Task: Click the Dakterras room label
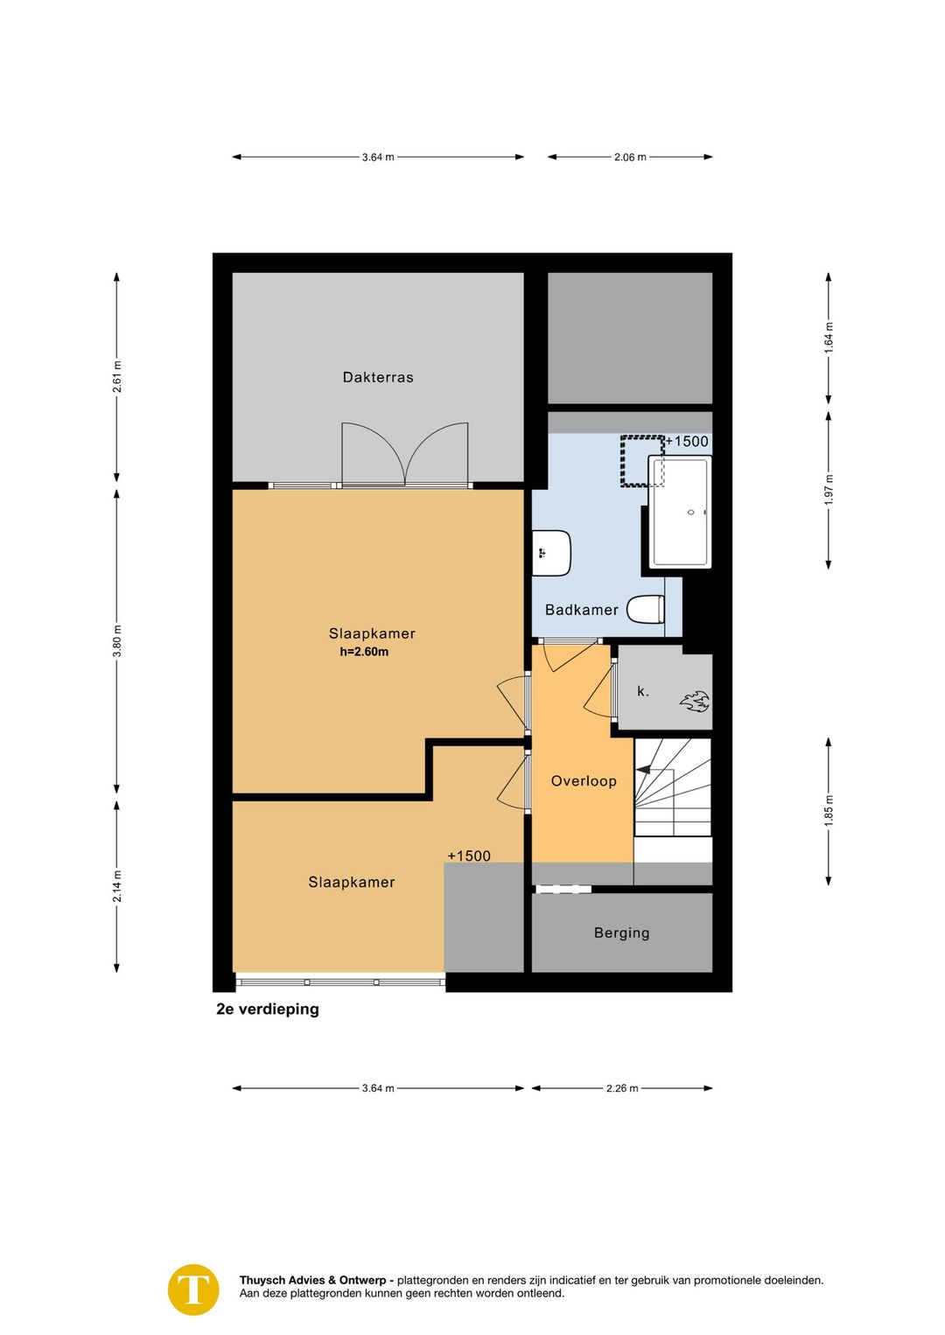[x=377, y=377]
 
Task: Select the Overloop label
[x=583, y=780]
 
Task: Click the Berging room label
[x=621, y=933]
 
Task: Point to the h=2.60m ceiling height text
[x=364, y=652]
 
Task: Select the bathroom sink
[x=551, y=553]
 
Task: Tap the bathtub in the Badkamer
[x=680, y=512]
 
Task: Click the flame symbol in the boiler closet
[x=695, y=702]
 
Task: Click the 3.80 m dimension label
[x=117, y=641]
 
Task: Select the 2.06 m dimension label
[x=630, y=157]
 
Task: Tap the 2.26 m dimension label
[x=622, y=1088]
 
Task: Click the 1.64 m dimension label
[x=829, y=338]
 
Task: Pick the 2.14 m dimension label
[x=117, y=886]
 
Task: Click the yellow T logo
[x=193, y=1290]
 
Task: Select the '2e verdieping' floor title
[x=268, y=1009]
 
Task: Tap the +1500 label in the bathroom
[x=687, y=441]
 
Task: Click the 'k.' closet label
[x=643, y=691]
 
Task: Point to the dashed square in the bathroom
[x=642, y=461]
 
